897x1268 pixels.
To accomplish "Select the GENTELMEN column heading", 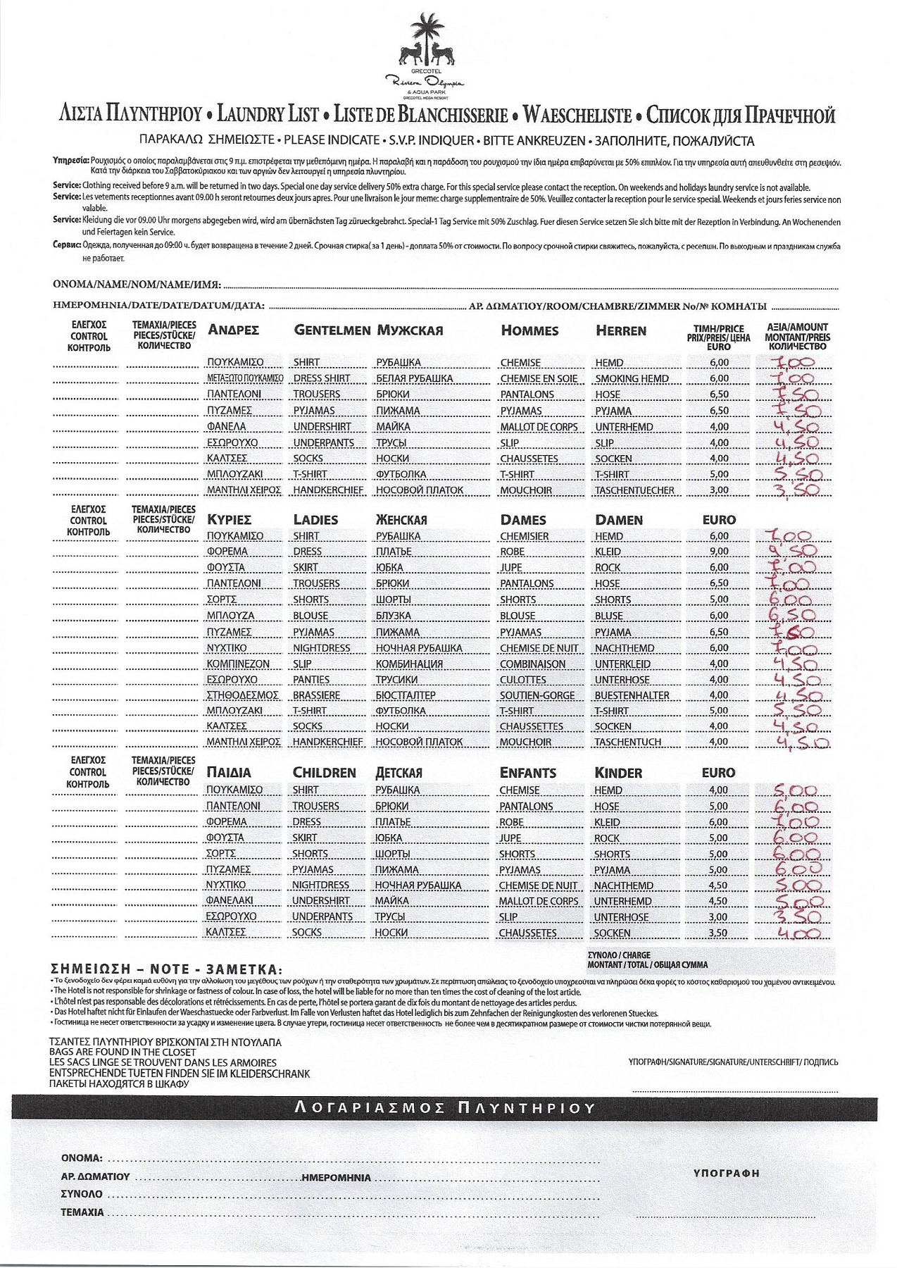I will (x=332, y=330).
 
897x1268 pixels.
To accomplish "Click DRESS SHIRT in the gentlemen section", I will (x=321, y=378).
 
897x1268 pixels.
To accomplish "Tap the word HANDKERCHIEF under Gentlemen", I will (x=328, y=490).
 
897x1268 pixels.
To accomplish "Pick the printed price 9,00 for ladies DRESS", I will (x=719, y=552).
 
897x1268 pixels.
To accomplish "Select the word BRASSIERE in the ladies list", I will (x=316, y=695).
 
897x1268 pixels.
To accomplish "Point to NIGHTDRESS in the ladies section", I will (x=321, y=648).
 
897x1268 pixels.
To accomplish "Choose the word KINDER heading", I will (x=618, y=773).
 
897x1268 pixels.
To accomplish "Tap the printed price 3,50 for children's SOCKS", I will (x=717, y=933).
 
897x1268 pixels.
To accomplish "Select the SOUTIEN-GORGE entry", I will (x=537, y=695).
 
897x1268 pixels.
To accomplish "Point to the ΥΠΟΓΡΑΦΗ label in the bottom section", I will (x=726, y=1174).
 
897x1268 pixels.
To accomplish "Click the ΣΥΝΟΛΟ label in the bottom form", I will (x=82, y=1195).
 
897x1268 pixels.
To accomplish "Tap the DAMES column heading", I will (x=522, y=520).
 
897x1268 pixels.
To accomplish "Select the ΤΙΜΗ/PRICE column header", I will (x=718, y=329).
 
